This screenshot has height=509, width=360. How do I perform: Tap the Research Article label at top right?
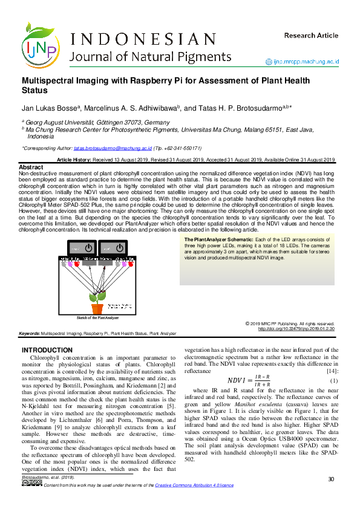tap(311, 36)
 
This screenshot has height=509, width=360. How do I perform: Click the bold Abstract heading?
tap(31, 167)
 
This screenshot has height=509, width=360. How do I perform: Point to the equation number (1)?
tap(333, 380)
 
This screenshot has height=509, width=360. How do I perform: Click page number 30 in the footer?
tap(331, 479)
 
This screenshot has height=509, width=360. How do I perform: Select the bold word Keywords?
tap(29, 333)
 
